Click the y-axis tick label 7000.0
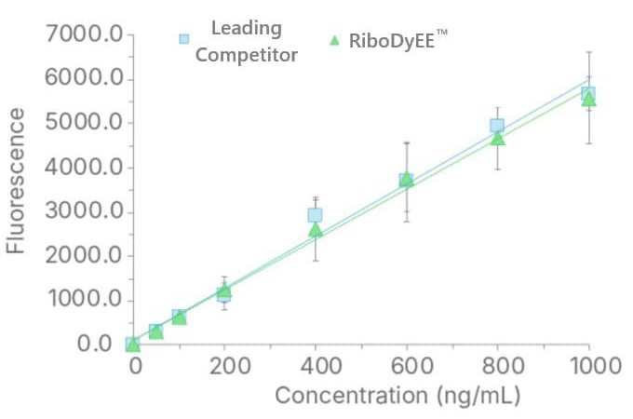pyautogui.click(x=84, y=34)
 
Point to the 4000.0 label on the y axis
pyautogui.click(x=84, y=167)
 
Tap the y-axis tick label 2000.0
pyautogui.click(x=84, y=255)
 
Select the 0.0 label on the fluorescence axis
pyautogui.click(x=94, y=343)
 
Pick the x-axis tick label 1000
pyautogui.click(x=596, y=366)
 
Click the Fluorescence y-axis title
pyautogui.click(x=15, y=181)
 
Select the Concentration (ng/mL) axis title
pyautogui.click(x=397, y=395)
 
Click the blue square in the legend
pyautogui.click(x=184, y=39)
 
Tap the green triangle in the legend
pyautogui.click(x=334, y=40)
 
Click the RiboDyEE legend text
pyautogui.click(x=398, y=40)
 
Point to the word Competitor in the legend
pyautogui.click(x=247, y=55)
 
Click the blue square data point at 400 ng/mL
pyautogui.click(x=315, y=215)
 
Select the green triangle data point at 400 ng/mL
pyautogui.click(x=316, y=230)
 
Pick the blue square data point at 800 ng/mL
pyautogui.click(x=497, y=125)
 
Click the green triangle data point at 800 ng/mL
pyautogui.click(x=498, y=139)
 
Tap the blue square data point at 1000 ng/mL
pyautogui.click(x=588, y=94)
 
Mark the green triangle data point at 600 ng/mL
pyautogui.click(x=407, y=180)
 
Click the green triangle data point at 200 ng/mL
pyautogui.click(x=224, y=291)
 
